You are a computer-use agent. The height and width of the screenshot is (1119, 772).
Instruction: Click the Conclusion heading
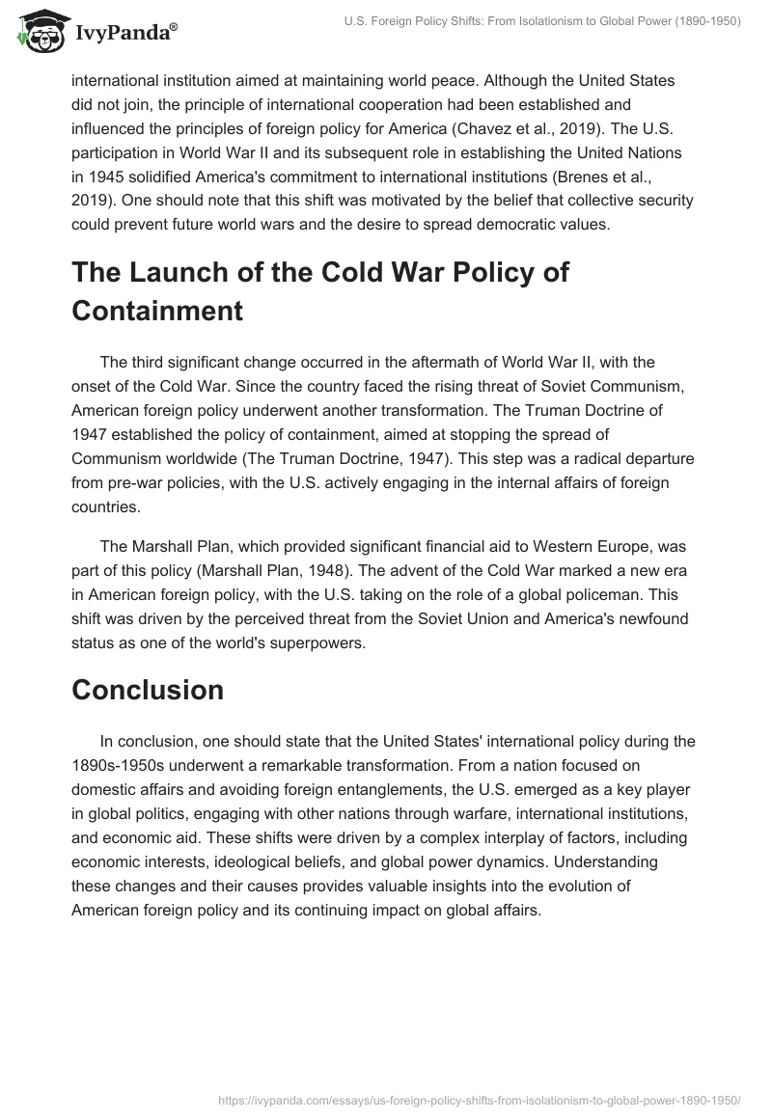click(x=148, y=689)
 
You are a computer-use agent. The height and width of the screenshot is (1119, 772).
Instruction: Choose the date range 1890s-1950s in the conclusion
click(x=128, y=767)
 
